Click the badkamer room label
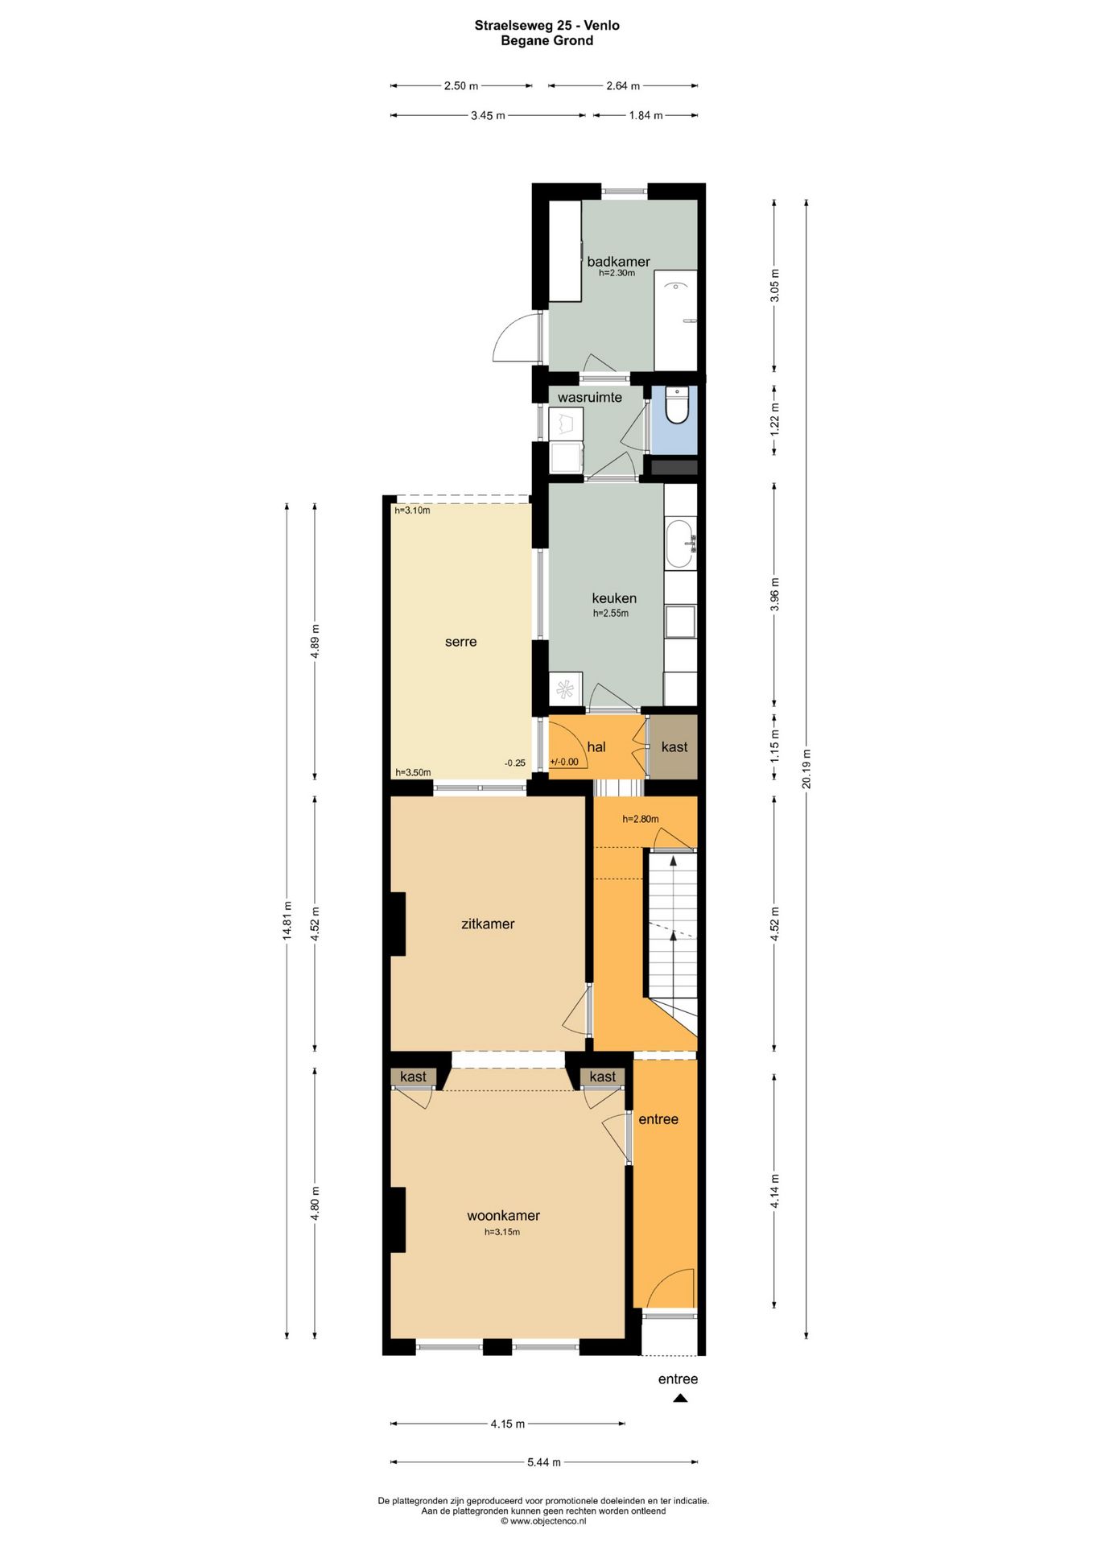[618, 262]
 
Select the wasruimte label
[590, 397]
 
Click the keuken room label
[614, 598]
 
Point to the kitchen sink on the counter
[680, 544]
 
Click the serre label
[461, 642]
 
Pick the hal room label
[596, 747]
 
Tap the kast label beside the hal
[674, 747]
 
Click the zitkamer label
[488, 924]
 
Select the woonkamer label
[504, 1216]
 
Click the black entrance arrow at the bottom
[680, 1399]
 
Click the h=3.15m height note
[502, 1232]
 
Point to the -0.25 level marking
[515, 763]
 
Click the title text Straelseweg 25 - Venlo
[547, 25]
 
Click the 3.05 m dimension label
[774, 285]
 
